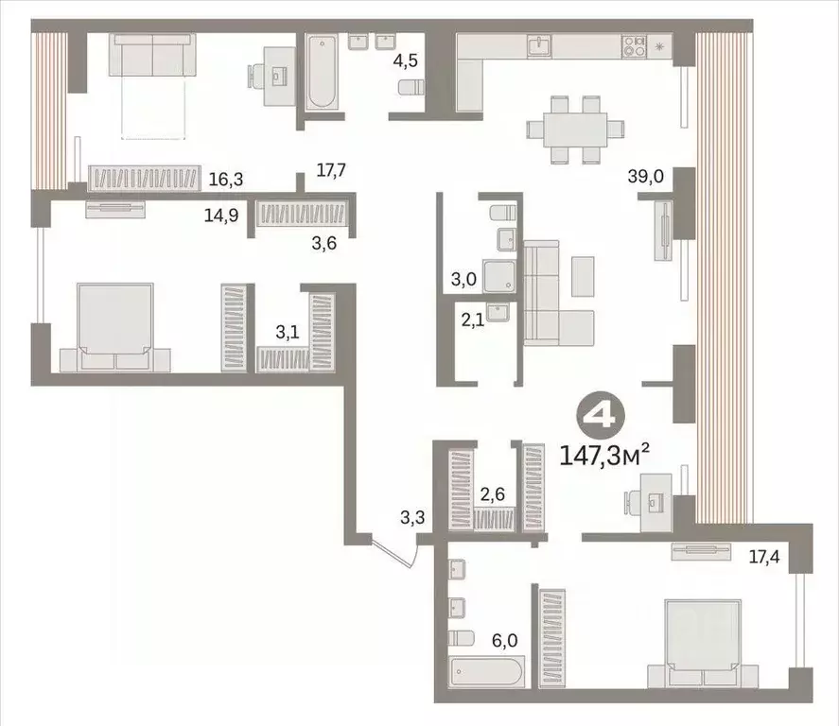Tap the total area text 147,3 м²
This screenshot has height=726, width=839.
(605, 458)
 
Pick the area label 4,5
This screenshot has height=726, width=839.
(405, 61)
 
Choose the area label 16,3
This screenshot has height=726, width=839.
(223, 177)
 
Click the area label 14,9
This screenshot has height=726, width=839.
(220, 214)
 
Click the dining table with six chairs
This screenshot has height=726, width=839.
(576, 129)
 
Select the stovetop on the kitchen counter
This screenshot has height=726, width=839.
(634, 45)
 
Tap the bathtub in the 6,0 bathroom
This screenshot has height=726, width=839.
(486, 674)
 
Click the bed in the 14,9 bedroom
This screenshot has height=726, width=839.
(115, 325)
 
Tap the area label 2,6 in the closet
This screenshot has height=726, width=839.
(491, 493)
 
